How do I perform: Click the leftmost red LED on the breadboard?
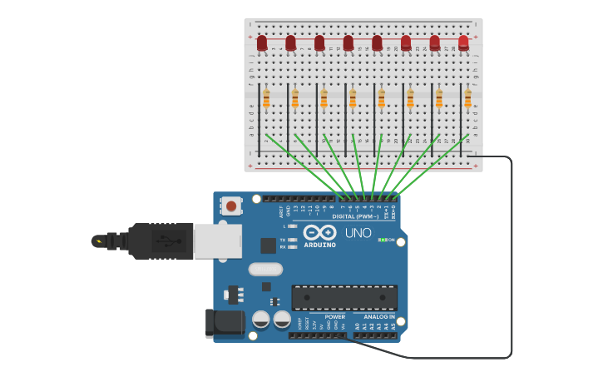coord(262,42)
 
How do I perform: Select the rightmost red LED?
coord(463,42)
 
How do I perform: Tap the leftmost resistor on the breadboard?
coord(266,99)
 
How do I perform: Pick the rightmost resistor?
coord(467,99)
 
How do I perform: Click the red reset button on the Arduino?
coord(230,205)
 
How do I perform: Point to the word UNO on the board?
coord(358,233)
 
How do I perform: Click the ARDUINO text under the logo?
coord(320,245)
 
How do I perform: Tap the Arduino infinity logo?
coord(319,232)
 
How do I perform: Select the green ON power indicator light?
coord(382,240)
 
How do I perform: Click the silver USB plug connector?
coord(217,241)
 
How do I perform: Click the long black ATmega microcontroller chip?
coord(344,297)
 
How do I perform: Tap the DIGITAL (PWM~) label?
coord(355,216)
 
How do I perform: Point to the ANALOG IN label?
coord(380,317)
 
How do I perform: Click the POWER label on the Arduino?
coord(334,317)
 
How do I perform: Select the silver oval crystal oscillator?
coord(265,269)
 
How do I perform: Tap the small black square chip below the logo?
coord(268,246)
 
